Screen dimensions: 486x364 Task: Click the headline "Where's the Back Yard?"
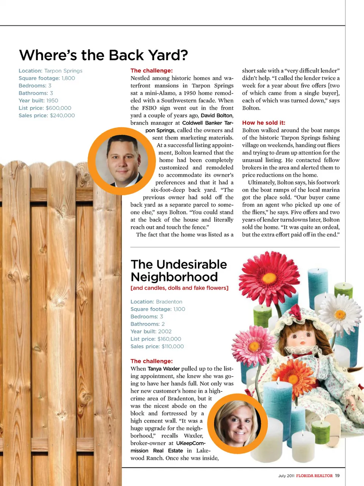point(104,55)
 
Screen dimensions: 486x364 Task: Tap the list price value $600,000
point(58,108)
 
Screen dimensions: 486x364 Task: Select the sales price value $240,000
point(62,115)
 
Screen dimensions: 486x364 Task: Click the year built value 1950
point(52,101)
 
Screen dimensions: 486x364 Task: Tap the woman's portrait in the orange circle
point(237,422)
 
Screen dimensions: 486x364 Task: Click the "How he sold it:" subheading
point(264,123)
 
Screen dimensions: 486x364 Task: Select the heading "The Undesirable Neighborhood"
point(179,270)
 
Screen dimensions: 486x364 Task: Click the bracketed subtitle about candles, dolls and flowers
point(179,288)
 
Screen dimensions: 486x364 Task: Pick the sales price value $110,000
point(173,346)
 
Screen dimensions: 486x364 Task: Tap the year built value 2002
point(165,332)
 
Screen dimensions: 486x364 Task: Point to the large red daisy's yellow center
point(270,278)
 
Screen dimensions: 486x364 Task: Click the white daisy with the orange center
point(340,314)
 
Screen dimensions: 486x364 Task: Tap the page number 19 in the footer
point(337,476)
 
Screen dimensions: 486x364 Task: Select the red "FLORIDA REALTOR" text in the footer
point(314,476)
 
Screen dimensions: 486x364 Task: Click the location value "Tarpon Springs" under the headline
point(63,71)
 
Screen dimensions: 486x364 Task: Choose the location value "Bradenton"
point(169,302)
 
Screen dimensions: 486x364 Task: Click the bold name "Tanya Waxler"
point(163,369)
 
